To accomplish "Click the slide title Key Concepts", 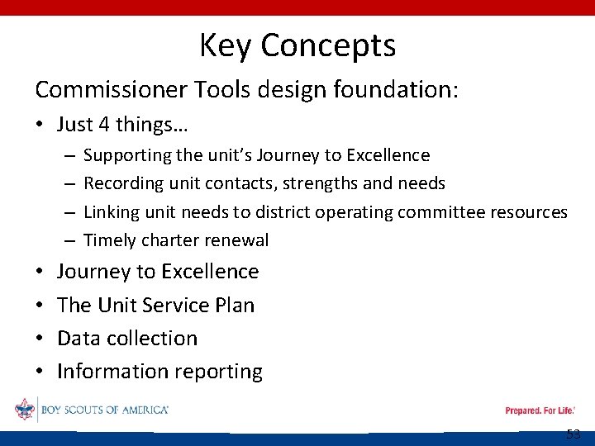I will tap(297, 45).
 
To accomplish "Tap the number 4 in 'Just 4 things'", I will tap(104, 125).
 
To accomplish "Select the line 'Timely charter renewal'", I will tap(176, 240).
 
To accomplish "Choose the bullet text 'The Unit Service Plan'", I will tap(155, 305).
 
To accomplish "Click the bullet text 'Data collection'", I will tap(127, 338).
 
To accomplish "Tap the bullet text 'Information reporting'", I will tap(159, 372).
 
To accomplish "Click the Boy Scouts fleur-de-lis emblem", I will tap(25, 410).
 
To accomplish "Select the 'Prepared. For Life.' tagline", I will tap(540, 410).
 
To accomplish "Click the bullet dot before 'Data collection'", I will tap(39, 339).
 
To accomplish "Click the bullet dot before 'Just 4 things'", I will tap(39, 126).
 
